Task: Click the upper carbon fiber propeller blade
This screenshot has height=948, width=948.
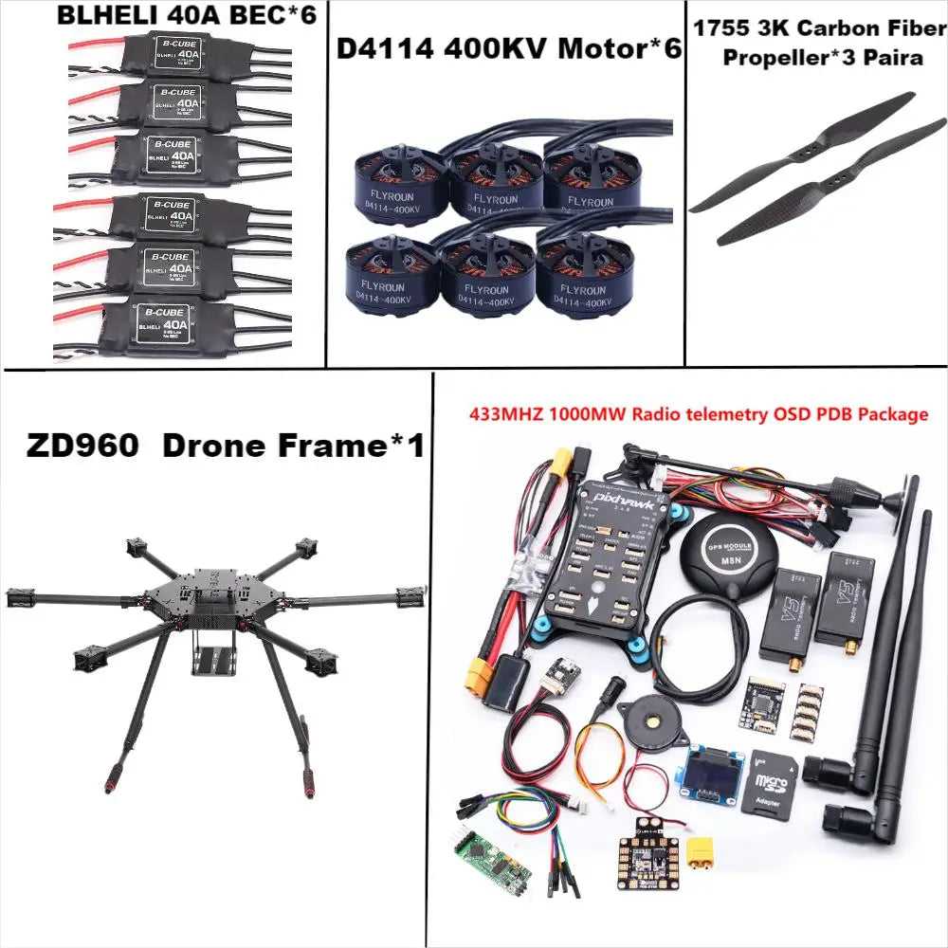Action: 802,153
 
